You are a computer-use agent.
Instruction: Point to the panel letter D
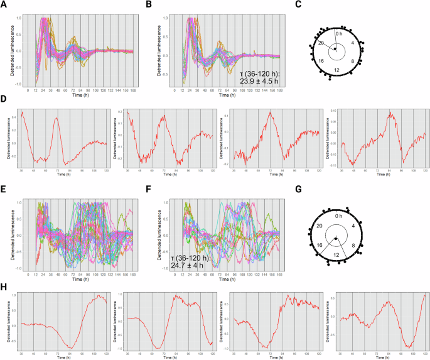tap(5, 100)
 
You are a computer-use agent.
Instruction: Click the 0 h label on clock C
tap(339, 33)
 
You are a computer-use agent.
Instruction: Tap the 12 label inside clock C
tap(336, 69)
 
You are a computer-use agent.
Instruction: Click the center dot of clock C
tap(336, 50)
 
